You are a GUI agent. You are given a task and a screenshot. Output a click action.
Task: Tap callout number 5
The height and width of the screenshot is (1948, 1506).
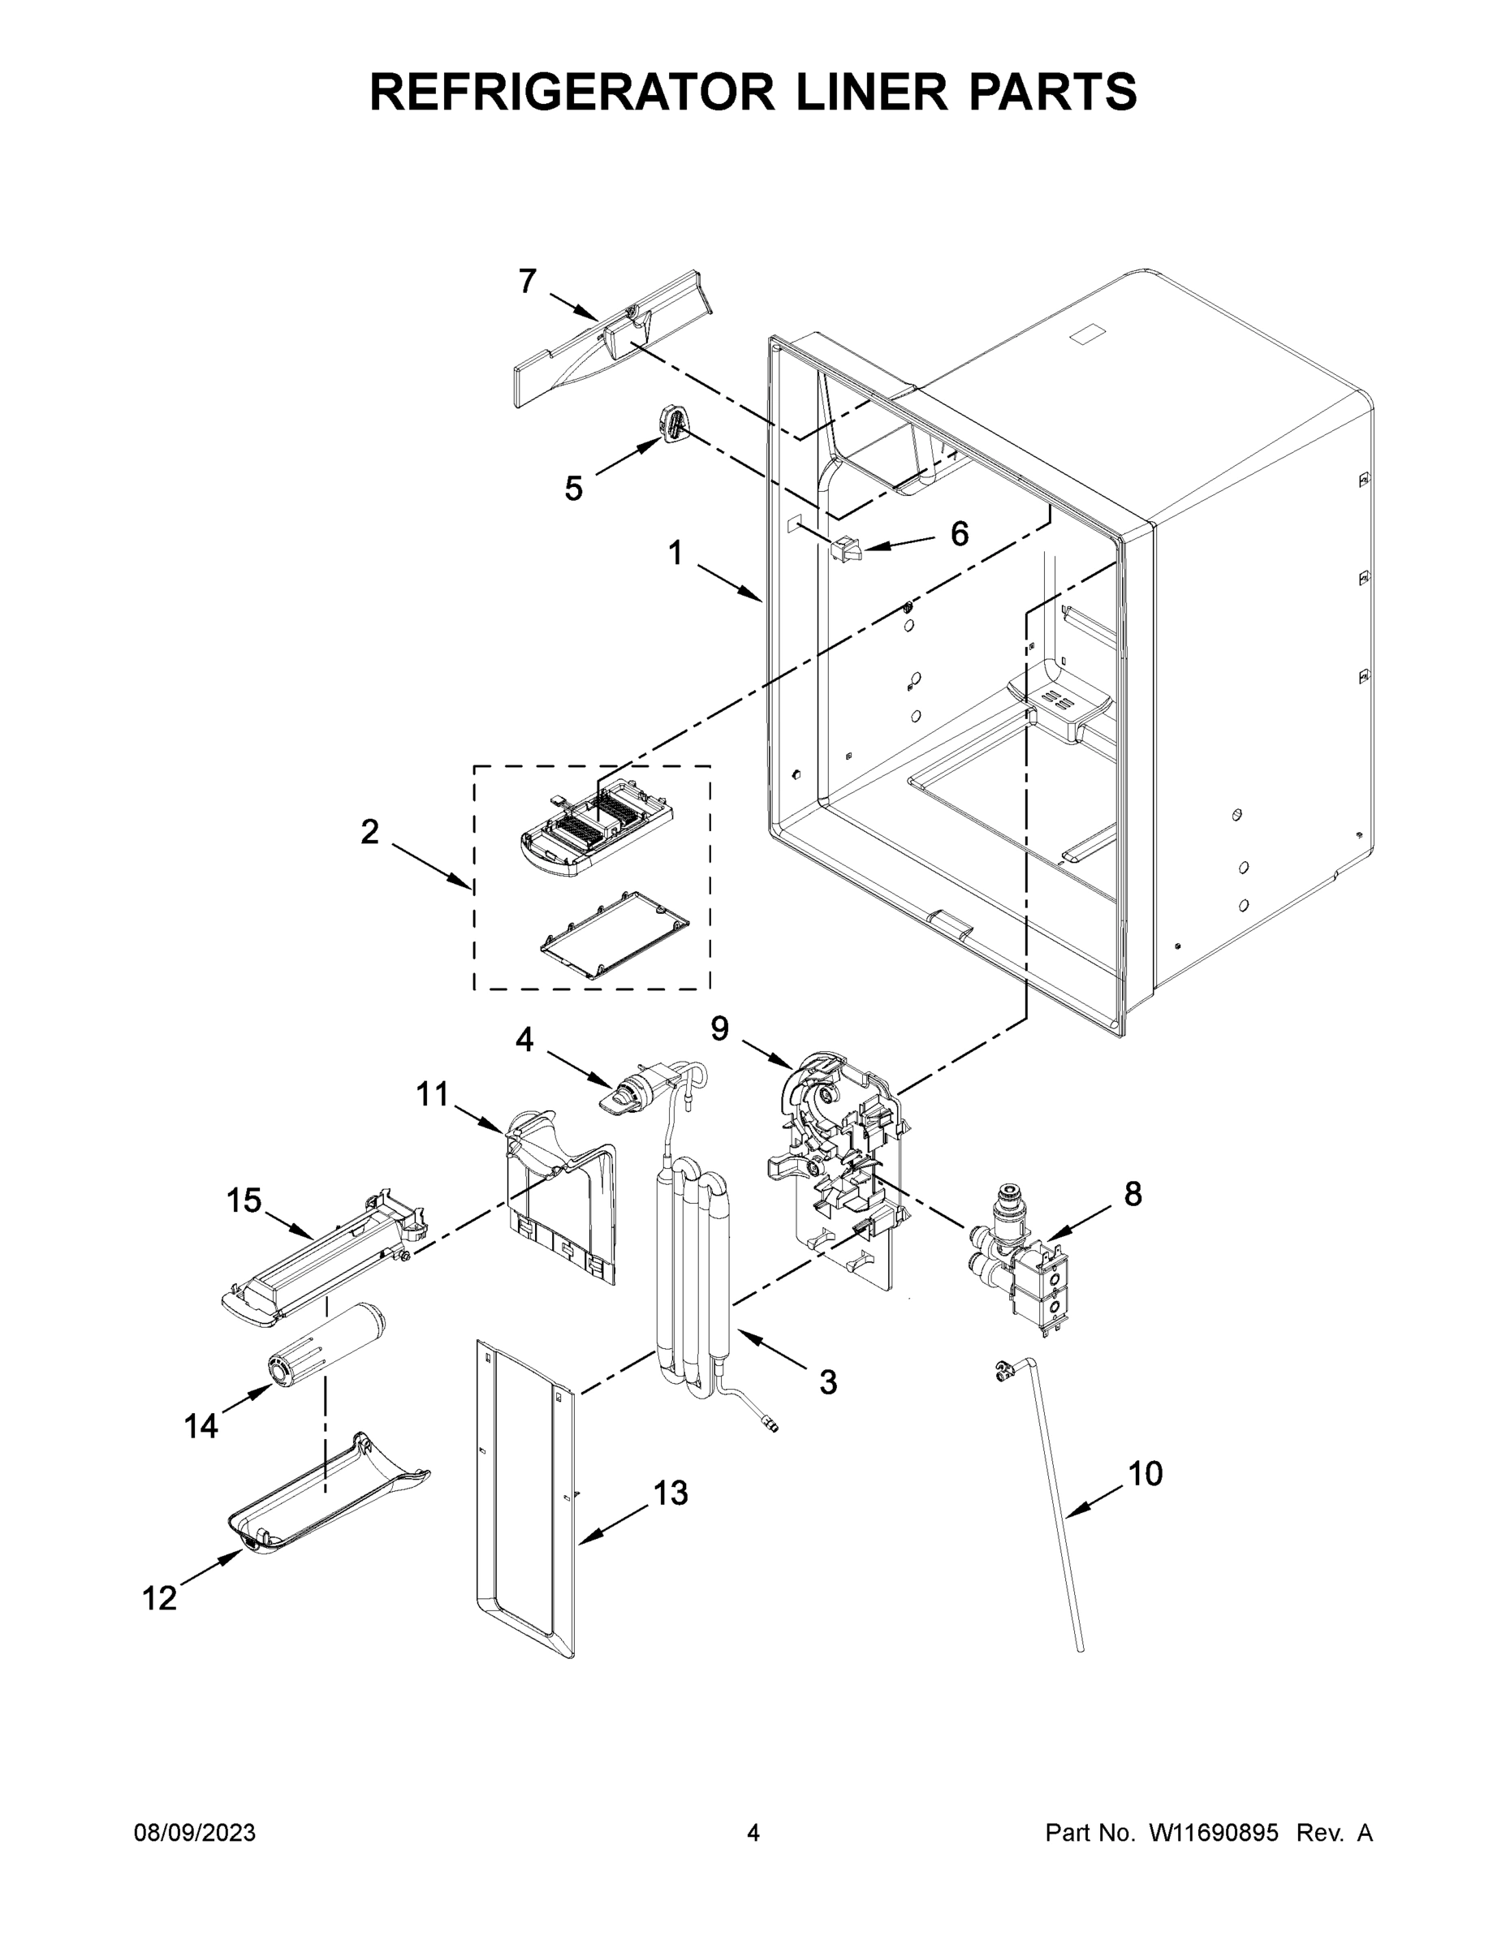click(x=573, y=489)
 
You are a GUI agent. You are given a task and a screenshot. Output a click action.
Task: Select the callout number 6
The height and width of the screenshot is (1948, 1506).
click(x=958, y=534)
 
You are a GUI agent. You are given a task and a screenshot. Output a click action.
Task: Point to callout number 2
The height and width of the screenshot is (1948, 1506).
click(x=369, y=832)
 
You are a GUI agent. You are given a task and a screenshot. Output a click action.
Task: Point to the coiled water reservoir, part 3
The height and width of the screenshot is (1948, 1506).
click(x=692, y=1275)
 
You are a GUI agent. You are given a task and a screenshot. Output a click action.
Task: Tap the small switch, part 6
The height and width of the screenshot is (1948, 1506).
click(x=846, y=549)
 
